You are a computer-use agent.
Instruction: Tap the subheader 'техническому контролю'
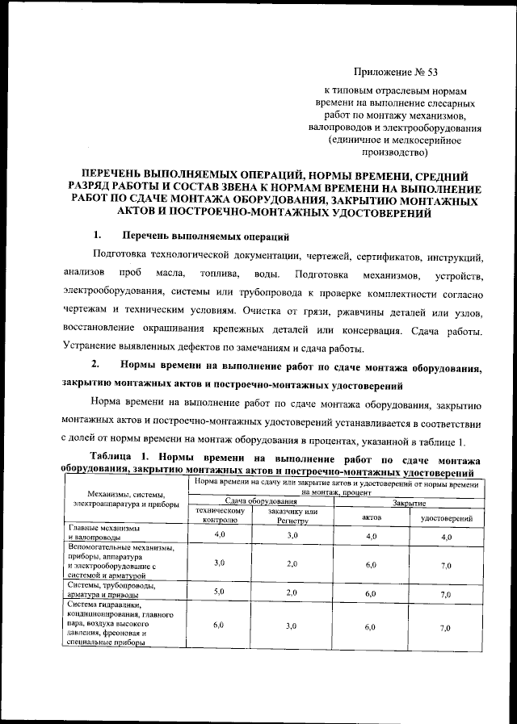[x=216, y=516]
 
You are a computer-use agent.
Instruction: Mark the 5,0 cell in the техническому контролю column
[x=218, y=592]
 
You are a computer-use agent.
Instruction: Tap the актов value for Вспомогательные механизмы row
[x=371, y=564]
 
